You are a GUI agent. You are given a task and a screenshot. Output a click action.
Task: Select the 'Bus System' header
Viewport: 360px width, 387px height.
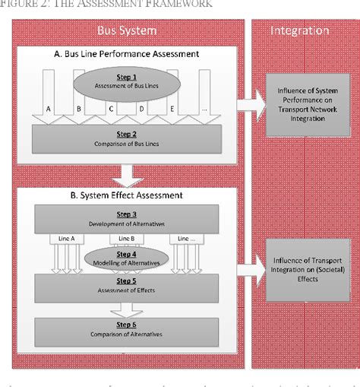(x=127, y=31)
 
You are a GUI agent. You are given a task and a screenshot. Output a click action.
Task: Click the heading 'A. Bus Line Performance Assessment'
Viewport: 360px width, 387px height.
(x=127, y=54)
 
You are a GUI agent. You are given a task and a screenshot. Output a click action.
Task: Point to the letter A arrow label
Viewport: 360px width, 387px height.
(x=49, y=109)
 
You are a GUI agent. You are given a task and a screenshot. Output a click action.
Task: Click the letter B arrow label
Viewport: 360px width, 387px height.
(x=80, y=109)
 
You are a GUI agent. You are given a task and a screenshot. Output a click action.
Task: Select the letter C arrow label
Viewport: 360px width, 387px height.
(x=111, y=109)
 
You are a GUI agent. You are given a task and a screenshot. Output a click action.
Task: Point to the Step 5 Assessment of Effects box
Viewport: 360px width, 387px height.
(x=127, y=285)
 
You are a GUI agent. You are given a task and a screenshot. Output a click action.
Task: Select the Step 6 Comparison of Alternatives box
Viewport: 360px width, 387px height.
(x=127, y=331)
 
